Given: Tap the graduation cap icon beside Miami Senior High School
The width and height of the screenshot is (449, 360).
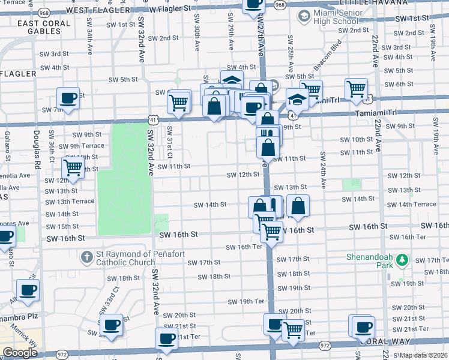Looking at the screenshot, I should pos(304,17).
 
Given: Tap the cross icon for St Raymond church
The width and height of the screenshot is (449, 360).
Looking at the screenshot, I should pos(87,257).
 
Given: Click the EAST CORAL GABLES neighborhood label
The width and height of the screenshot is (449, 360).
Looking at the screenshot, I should pos(44,27).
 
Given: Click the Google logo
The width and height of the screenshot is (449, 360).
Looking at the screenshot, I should pos(19,353).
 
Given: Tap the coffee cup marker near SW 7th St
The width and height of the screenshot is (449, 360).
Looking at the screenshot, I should pos(68,98).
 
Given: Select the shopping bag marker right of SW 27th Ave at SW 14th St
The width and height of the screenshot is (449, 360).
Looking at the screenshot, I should pos(298,206).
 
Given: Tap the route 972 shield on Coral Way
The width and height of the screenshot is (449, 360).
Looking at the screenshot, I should pos(325,346).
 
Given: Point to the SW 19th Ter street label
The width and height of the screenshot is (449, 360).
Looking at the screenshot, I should pos(252,301).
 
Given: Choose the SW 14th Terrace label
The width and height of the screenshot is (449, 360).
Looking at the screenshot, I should pos(416,204).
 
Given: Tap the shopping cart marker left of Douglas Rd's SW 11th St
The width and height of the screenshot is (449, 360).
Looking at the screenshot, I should pos(73,168).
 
